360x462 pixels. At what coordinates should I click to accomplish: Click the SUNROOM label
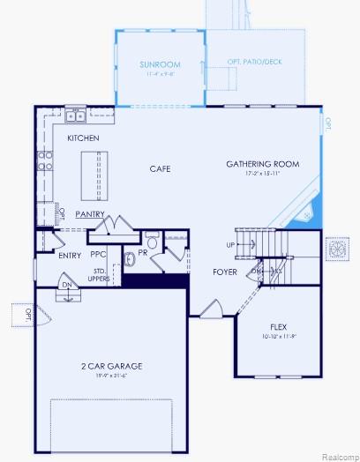coord(160,64)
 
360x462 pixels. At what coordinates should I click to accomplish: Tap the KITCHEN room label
coord(83,138)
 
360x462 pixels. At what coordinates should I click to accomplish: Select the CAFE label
coord(160,168)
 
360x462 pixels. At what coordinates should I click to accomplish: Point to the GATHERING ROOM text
coord(262,164)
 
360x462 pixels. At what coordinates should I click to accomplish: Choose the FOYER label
coord(225,272)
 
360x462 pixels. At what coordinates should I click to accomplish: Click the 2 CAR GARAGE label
coord(111,365)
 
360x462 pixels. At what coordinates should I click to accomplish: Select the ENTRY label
coord(70,256)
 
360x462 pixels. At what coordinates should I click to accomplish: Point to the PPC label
coord(99,255)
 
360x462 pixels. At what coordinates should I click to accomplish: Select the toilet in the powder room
coord(152,242)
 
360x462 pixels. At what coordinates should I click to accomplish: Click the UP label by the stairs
coord(231,245)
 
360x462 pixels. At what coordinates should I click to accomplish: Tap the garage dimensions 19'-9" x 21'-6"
coord(111,376)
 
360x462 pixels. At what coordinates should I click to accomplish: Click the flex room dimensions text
coord(279,336)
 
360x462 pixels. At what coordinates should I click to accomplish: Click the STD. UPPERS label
coord(100,274)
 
